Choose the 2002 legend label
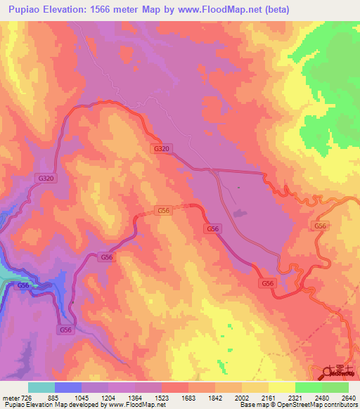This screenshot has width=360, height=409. [252, 398]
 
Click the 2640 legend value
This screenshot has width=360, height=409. [349, 398]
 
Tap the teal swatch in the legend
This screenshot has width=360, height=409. [41, 387]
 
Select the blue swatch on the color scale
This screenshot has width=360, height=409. [68, 387]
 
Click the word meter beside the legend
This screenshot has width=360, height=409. [9, 398]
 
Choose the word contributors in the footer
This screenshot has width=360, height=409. [340, 405]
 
